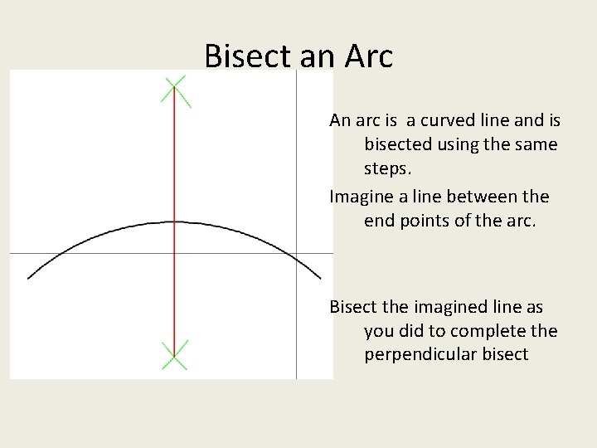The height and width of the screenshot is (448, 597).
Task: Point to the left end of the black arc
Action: pyautogui.click(x=28, y=278)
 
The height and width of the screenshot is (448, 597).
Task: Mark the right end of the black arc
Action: pyautogui.click(x=320, y=278)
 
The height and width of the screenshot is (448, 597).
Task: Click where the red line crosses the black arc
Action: pyautogui.click(x=174, y=222)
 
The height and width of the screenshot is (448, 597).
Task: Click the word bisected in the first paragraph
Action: pyautogui.click(x=398, y=144)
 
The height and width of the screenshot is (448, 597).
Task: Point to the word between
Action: pyautogui.click(x=481, y=197)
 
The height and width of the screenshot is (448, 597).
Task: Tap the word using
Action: pyautogui.click(x=461, y=144)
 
